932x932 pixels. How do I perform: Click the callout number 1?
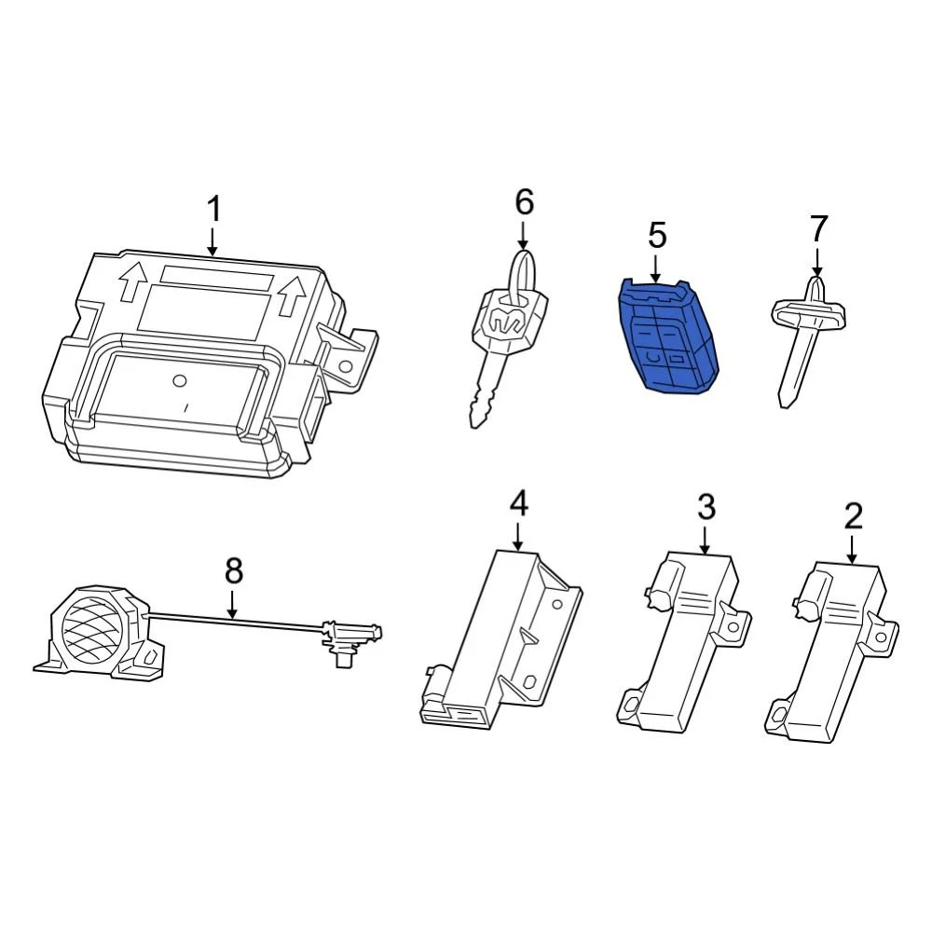pyautogui.click(x=214, y=211)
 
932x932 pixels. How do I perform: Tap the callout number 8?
pyautogui.click(x=233, y=570)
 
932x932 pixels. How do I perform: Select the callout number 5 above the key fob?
pyautogui.click(x=657, y=236)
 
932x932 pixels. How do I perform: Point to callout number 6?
pyautogui.click(x=524, y=200)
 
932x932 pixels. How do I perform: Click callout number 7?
pyautogui.click(x=818, y=227)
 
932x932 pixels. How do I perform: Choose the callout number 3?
pyautogui.click(x=706, y=508)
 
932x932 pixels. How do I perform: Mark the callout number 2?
pyautogui.click(x=853, y=515)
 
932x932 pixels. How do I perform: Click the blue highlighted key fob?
pyautogui.click(x=668, y=340)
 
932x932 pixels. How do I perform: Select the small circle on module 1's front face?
pyautogui.click(x=182, y=379)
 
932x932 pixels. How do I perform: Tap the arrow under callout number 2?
pyautogui.click(x=853, y=548)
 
